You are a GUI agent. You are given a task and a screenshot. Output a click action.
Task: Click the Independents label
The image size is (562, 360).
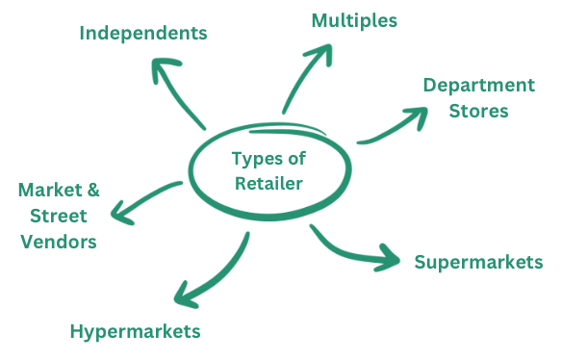pyautogui.click(x=143, y=33)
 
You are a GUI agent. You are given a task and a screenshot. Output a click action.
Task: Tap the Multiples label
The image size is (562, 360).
pyautogui.click(x=354, y=19)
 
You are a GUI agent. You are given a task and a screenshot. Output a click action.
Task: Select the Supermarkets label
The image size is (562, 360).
pyautogui.click(x=478, y=262)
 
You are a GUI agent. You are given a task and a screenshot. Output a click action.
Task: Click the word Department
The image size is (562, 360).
pyautogui.click(x=478, y=86)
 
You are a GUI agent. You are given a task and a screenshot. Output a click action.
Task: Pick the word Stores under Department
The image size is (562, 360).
pyautogui.click(x=478, y=111)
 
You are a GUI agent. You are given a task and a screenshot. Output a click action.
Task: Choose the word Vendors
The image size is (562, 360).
pyautogui.click(x=57, y=242)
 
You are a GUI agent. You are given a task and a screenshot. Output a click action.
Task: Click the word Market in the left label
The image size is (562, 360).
pyautogui.click(x=45, y=190)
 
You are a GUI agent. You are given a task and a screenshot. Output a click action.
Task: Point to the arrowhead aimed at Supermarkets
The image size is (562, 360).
pyautogui.click(x=390, y=258)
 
